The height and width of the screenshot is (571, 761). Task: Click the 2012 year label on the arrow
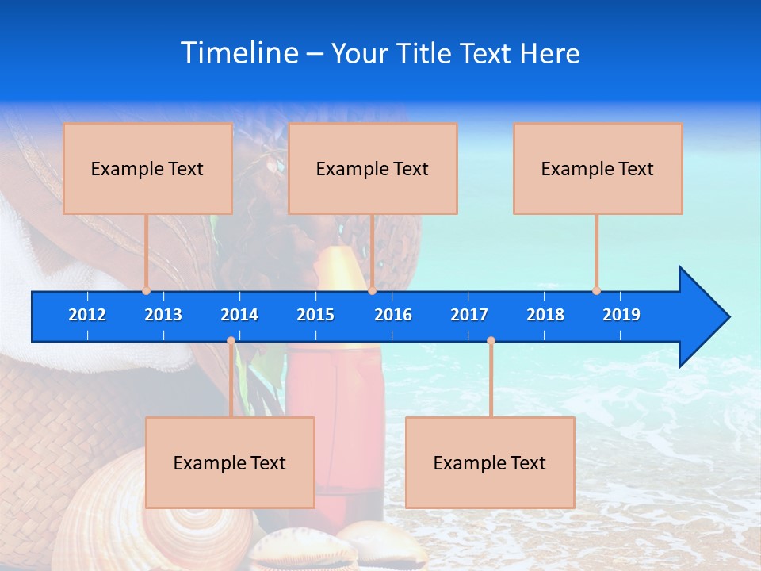(x=87, y=315)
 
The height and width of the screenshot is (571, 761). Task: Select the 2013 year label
(x=163, y=315)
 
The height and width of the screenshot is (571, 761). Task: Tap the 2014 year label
(x=239, y=315)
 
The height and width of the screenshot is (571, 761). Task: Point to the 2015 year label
(x=315, y=315)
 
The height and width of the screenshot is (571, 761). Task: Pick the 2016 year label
(x=393, y=315)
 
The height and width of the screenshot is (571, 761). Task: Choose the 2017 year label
(x=469, y=315)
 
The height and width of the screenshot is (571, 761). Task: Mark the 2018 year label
(x=545, y=315)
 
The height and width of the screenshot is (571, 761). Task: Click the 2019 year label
(x=621, y=315)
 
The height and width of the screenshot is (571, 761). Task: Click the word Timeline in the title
(x=239, y=52)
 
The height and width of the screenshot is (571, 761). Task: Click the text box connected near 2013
(x=147, y=168)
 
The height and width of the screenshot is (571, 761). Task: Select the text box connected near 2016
(x=373, y=168)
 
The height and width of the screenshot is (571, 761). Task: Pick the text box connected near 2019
(x=598, y=168)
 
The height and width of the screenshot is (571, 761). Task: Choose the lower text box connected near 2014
(x=230, y=462)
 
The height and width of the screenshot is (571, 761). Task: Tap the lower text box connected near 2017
(x=490, y=462)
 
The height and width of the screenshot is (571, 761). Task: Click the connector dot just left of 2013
(x=146, y=291)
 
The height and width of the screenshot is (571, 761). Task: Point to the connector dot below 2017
(x=491, y=341)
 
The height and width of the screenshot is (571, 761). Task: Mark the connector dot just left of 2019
(x=596, y=291)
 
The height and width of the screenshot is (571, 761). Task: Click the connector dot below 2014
(x=231, y=341)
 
